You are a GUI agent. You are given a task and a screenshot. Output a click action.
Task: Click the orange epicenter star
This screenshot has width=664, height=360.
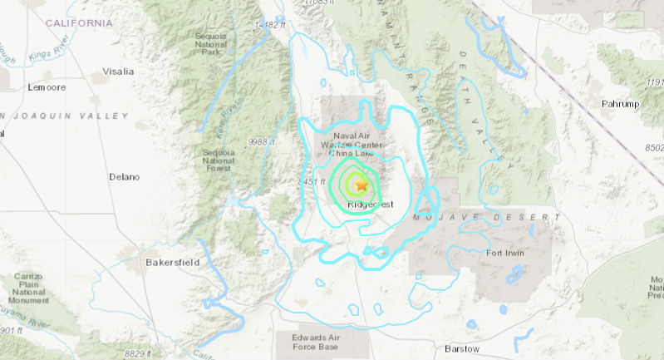362,187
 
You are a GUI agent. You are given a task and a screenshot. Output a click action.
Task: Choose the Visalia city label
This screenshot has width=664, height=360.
117,72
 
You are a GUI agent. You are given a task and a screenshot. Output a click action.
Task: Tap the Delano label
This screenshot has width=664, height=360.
125,177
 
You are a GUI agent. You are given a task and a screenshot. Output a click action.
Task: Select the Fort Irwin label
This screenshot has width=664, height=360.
506,252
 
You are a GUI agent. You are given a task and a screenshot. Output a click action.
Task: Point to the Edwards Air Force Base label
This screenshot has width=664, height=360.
315,342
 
